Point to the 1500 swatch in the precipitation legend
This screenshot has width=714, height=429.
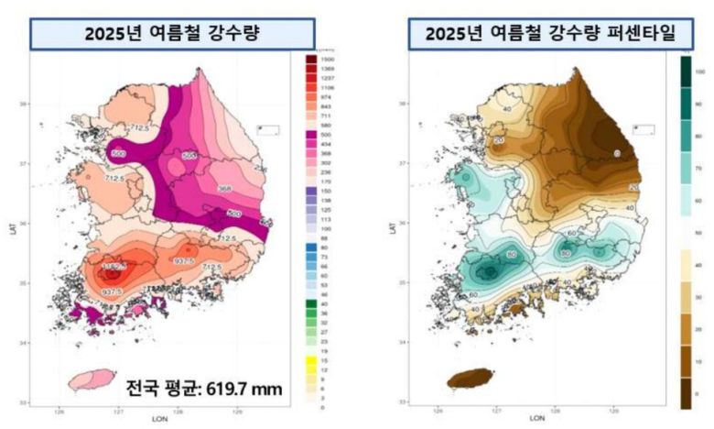tap(311, 58)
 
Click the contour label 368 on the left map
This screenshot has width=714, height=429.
tap(223, 190)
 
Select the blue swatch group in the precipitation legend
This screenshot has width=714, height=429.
tap(311, 265)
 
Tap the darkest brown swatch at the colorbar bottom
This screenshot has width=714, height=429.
tap(684, 394)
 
